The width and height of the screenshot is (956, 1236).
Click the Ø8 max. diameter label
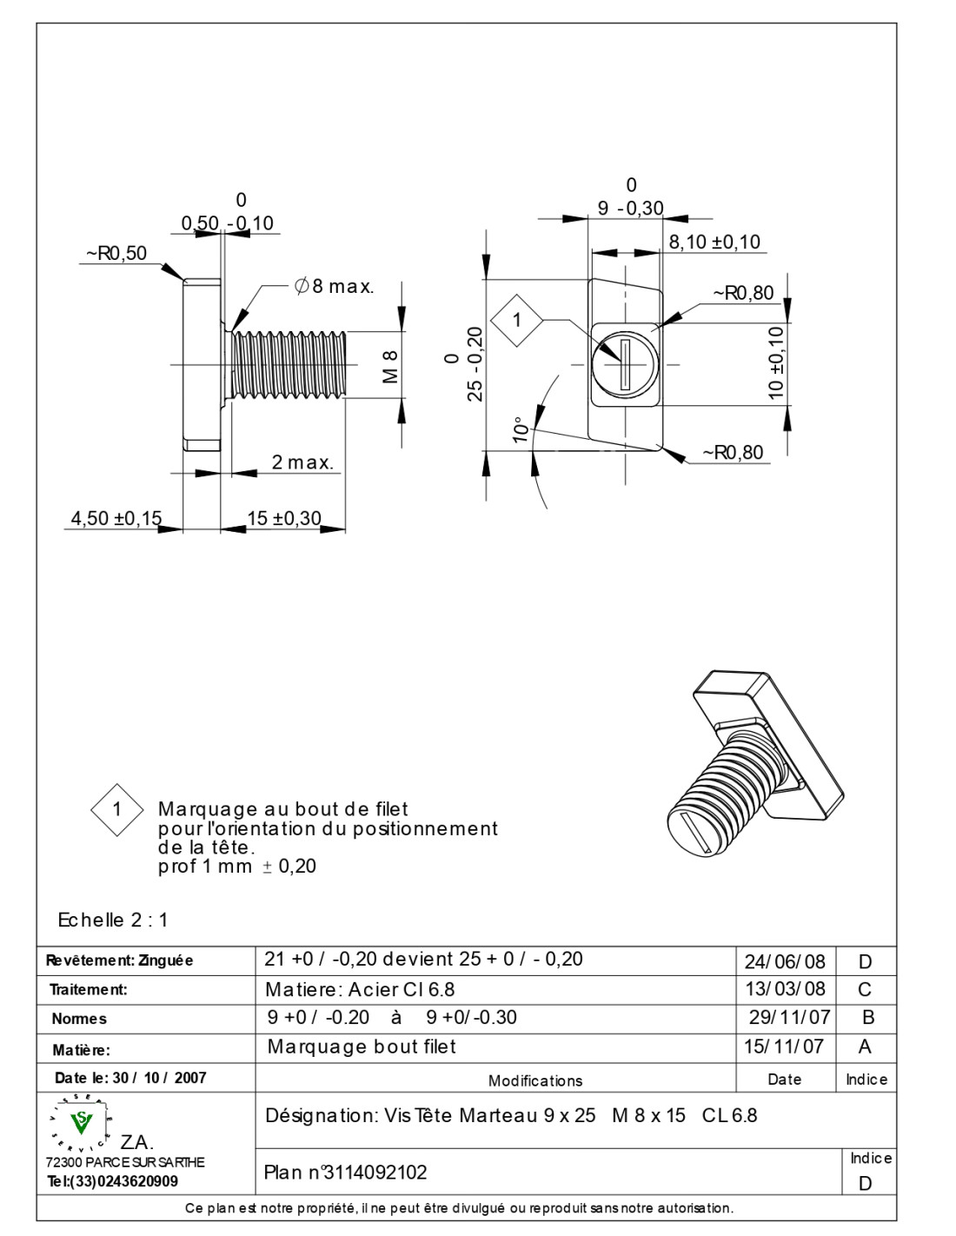click(335, 286)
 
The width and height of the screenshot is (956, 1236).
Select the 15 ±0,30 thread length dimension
click(283, 519)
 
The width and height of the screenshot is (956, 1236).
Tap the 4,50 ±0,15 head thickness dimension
click(116, 519)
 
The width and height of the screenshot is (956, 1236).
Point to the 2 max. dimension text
click(302, 462)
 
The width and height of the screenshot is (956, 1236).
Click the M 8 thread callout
click(390, 366)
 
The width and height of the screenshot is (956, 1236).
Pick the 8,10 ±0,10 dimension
click(714, 242)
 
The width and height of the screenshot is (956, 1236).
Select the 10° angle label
click(521, 430)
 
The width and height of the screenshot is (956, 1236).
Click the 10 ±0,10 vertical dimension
click(777, 362)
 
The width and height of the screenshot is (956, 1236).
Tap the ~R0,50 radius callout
click(116, 254)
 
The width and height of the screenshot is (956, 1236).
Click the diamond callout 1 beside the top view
click(517, 320)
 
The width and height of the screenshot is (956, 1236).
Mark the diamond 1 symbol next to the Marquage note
click(116, 810)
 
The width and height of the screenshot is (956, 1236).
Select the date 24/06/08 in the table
click(784, 961)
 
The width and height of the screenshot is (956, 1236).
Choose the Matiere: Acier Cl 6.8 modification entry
click(360, 989)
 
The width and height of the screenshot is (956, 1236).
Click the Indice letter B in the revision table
click(866, 1017)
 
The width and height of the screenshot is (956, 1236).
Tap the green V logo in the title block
click(83, 1123)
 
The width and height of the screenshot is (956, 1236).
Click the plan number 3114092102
click(346, 1173)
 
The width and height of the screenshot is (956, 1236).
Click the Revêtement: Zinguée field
click(119, 960)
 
